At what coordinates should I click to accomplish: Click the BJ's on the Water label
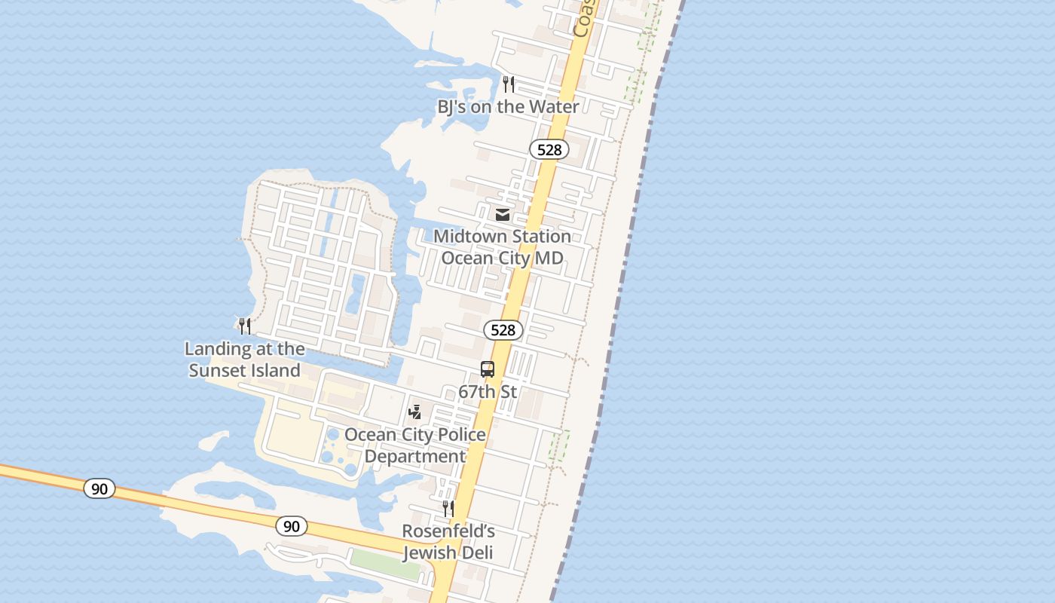508,107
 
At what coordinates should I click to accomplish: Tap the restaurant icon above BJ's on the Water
509,84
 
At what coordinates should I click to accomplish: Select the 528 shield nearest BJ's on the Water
549,149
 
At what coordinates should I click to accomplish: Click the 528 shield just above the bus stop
503,329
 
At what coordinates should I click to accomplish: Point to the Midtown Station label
502,237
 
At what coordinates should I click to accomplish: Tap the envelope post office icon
503,215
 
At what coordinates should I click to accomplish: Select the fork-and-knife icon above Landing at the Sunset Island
244,326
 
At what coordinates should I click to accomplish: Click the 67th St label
488,392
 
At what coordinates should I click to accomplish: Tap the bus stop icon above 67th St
488,369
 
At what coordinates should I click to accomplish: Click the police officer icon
414,412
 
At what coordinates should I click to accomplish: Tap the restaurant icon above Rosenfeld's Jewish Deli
448,508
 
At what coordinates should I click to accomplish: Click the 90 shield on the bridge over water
99,488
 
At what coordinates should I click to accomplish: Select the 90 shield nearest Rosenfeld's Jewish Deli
292,526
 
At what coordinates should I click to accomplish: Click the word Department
415,457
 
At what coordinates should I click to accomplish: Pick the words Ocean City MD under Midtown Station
502,258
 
